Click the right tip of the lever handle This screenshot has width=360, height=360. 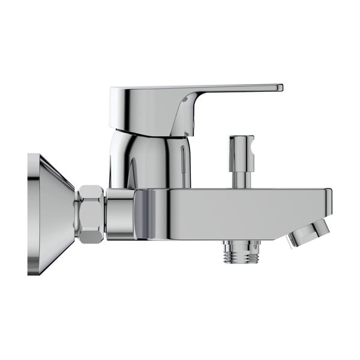(x=280, y=88)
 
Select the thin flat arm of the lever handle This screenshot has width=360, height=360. (x=234, y=89)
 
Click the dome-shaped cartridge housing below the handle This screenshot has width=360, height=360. (x=147, y=159)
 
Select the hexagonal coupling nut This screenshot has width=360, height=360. (x=91, y=214)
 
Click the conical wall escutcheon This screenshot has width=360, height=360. (x=51, y=214)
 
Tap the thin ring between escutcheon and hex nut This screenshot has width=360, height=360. (x=76, y=214)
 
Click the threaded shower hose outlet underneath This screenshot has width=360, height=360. (x=241, y=255)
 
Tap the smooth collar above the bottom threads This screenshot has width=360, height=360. (x=241, y=244)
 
